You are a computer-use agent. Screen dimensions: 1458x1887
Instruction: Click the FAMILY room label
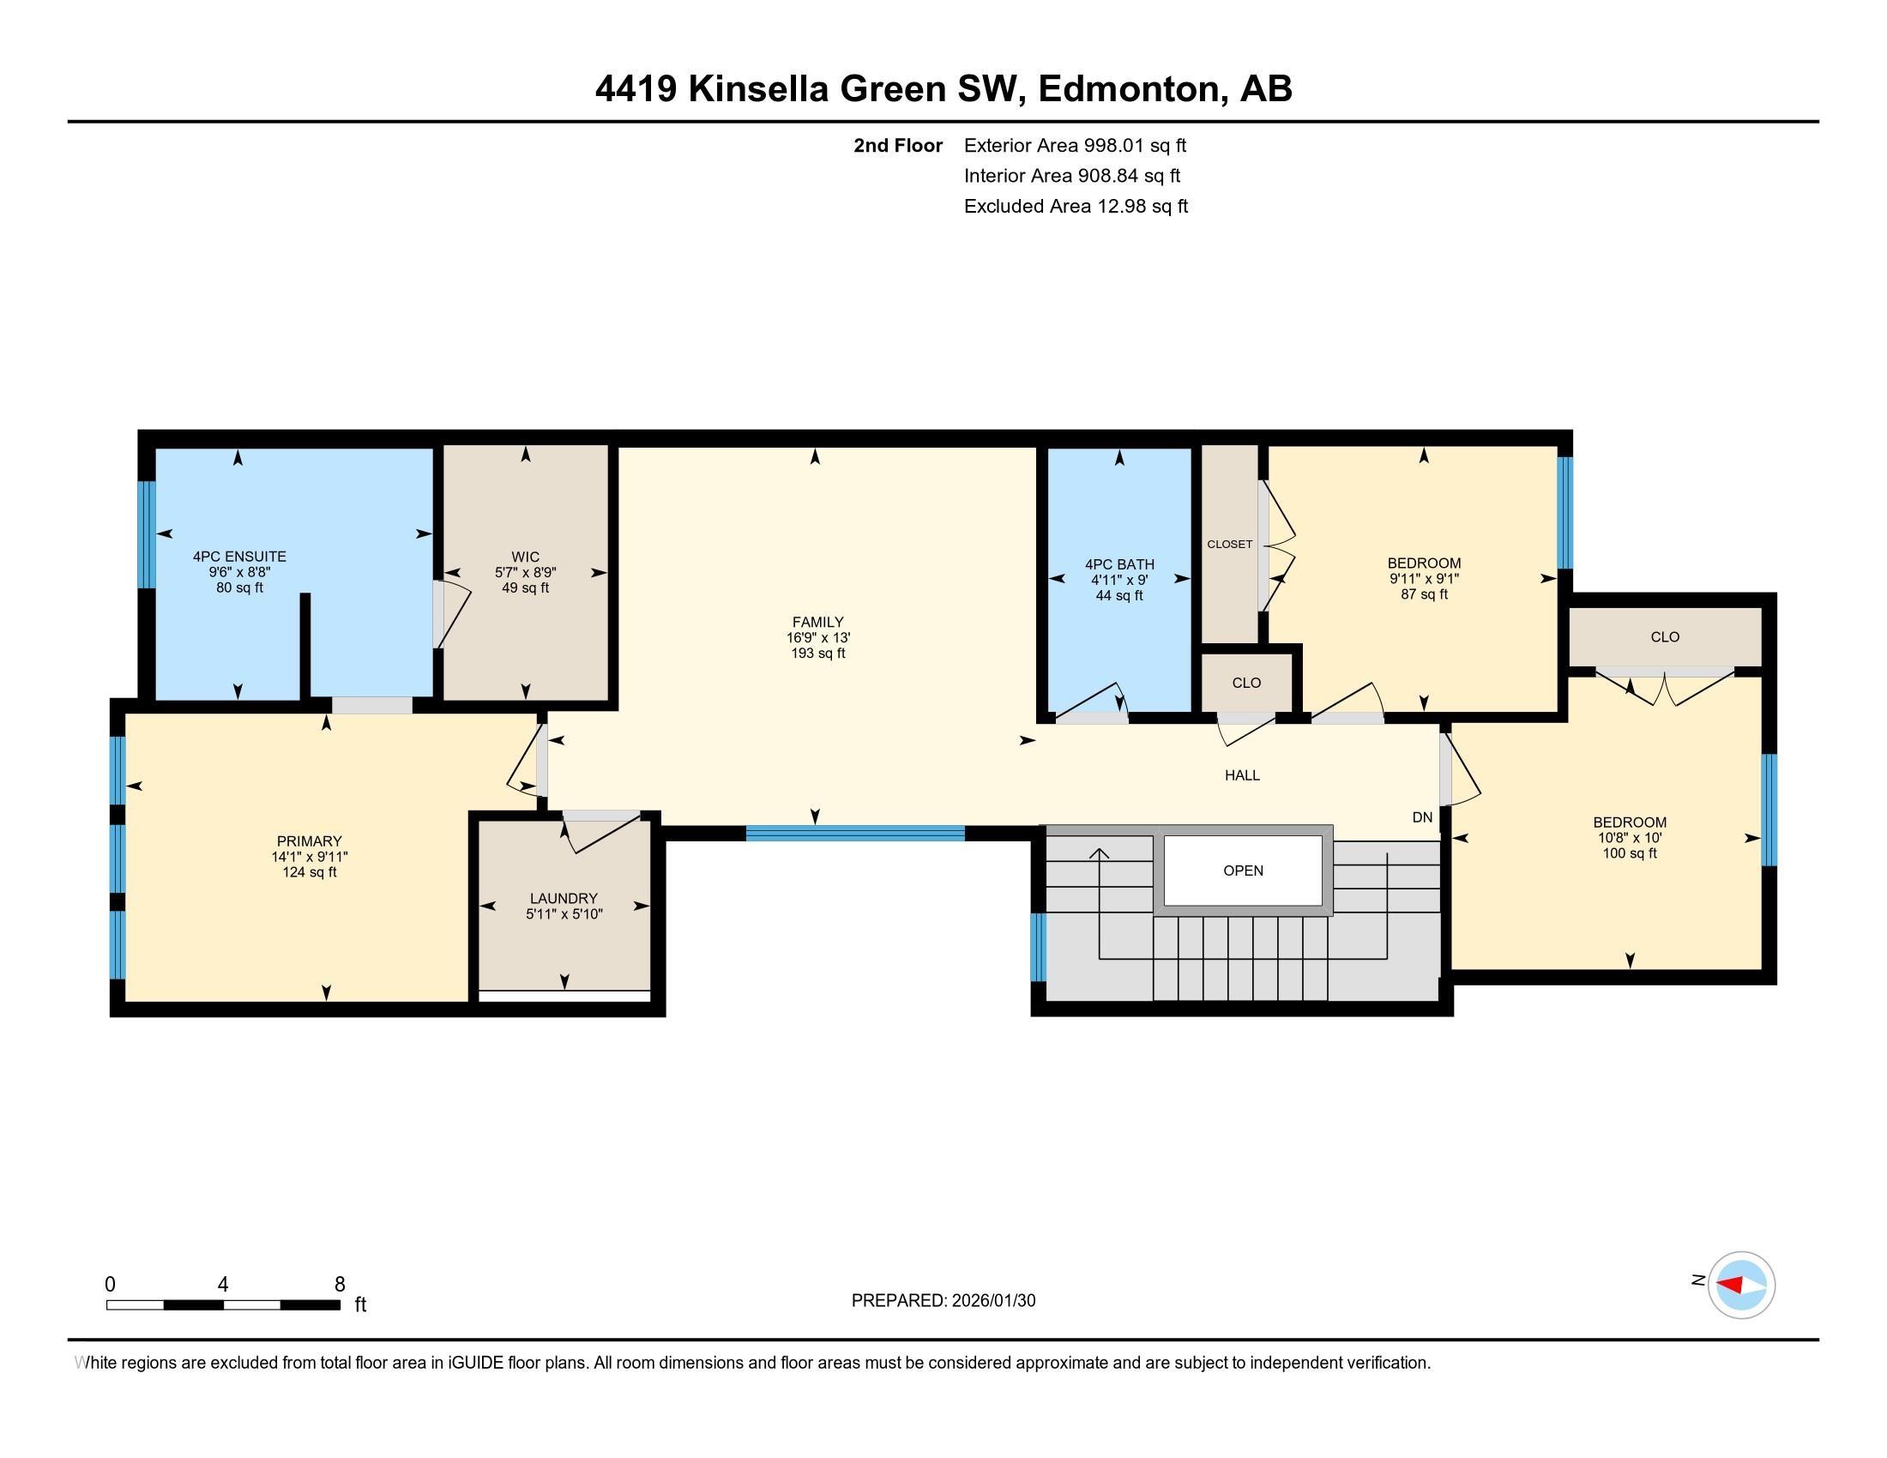(x=817, y=622)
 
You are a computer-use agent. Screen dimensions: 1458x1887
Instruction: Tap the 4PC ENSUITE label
(x=239, y=557)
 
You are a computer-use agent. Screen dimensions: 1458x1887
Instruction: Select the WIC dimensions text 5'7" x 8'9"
(x=524, y=573)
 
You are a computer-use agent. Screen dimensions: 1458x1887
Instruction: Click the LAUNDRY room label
(x=564, y=898)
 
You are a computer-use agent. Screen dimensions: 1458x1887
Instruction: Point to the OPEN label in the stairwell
(x=1243, y=871)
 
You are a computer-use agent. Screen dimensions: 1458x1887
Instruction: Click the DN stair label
(x=1421, y=817)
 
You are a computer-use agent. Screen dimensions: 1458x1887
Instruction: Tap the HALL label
(x=1242, y=775)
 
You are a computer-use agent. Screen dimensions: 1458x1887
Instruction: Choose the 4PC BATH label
(x=1118, y=565)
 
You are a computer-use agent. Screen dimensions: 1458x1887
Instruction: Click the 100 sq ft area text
(x=1629, y=853)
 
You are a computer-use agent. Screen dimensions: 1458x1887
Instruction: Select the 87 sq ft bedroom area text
(x=1423, y=595)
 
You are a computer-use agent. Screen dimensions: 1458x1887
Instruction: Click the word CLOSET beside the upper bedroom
(x=1228, y=544)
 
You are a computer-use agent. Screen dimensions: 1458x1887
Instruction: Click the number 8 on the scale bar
(x=340, y=1285)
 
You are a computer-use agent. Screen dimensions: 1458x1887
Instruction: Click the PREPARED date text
(x=943, y=1301)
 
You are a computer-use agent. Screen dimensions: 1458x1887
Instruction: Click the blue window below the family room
(x=854, y=834)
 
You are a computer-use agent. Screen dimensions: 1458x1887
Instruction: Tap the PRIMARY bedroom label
(x=309, y=841)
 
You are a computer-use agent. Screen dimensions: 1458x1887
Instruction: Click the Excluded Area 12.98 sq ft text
(x=1075, y=207)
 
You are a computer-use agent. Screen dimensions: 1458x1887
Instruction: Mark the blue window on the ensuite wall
(x=147, y=533)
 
